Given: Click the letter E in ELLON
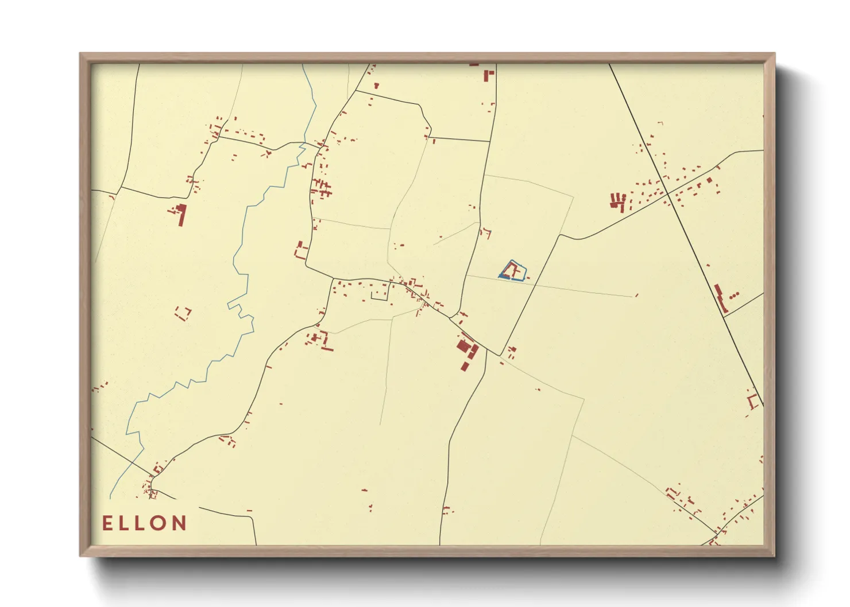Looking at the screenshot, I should point(107,523).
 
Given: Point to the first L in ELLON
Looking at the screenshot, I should point(123,523).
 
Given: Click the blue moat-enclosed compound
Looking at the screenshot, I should point(512,271).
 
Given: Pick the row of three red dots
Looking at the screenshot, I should point(734,295).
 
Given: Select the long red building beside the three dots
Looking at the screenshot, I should point(720,297).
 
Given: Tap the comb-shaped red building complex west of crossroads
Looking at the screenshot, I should point(618,201).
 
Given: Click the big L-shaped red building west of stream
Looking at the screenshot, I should point(181,213).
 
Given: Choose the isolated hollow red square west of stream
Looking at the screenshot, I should point(183,313).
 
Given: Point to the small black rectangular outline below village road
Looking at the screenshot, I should point(380,295).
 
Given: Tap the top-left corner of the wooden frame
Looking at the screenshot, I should point(82,55).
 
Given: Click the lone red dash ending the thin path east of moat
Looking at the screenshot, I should point(636,295).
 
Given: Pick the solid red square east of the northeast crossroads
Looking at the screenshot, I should point(709,180).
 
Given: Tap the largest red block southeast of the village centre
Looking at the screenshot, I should point(463,345).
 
